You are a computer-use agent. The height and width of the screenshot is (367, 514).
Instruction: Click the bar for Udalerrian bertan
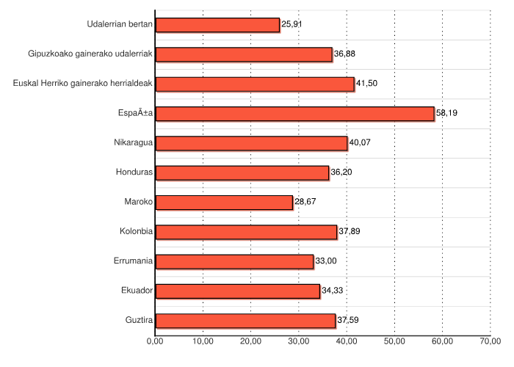(x=217, y=25)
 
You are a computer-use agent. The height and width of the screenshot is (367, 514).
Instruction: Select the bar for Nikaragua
(x=251, y=143)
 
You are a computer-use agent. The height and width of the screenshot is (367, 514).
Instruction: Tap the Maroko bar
(x=224, y=203)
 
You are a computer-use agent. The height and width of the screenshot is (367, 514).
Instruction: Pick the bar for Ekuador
(x=238, y=291)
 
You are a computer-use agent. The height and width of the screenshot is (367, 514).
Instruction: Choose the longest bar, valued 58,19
(x=294, y=114)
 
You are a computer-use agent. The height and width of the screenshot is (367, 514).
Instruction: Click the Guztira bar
(x=245, y=321)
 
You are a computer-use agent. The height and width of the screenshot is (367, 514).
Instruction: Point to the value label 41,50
(x=366, y=84)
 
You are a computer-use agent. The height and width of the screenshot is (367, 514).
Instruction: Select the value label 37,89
(x=349, y=232)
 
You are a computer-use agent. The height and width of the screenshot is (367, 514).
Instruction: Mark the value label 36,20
(x=341, y=173)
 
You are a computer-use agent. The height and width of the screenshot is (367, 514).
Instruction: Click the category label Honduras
(x=134, y=173)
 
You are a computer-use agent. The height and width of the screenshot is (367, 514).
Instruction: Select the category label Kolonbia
(x=136, y=232)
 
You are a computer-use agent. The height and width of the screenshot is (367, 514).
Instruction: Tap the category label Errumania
(x=133, y=261)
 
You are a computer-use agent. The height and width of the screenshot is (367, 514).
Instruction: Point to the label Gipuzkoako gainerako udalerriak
(x=90, y=54)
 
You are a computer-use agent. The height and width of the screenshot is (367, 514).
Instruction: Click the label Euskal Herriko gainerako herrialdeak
(x=82, y=84)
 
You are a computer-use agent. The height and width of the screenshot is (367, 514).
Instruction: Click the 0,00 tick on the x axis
(x=155, y=341)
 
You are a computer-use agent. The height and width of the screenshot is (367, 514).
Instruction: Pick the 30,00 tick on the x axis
(x=299, y=341)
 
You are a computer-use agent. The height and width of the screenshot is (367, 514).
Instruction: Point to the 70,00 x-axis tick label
(x=491, y=341)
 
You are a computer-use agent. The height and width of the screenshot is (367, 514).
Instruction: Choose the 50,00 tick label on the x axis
(x=394, y=341)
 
